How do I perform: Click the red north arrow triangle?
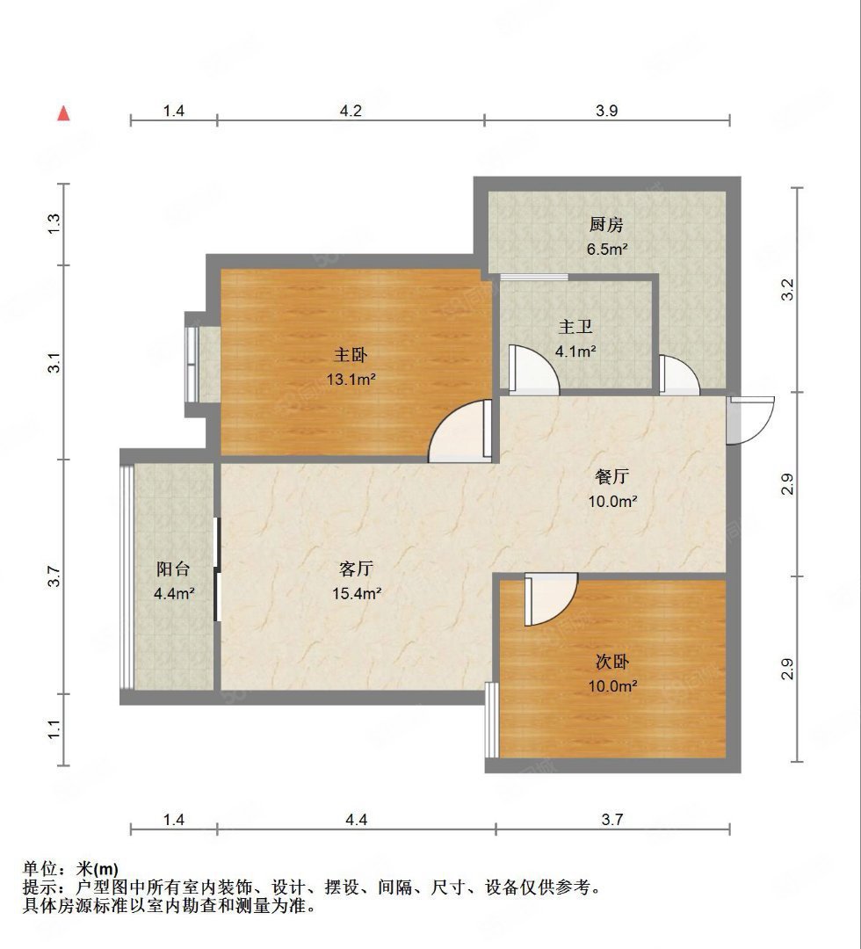click(x=63, y=113)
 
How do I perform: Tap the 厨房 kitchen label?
click(x=607, y=226)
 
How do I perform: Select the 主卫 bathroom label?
click(x=576, y=328)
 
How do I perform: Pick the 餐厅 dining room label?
click(x=611, y=477)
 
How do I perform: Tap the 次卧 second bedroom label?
click(x=611, y=662)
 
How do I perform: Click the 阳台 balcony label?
click(x=173, y=569)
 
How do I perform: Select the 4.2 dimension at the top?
click(x=351, y=111)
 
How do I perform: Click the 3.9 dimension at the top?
click(x=607, y=111)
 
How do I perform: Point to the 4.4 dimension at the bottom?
click(x=356, y=820)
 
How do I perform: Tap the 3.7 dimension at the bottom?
click(x=612, y=820)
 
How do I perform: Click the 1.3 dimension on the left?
click(x=54, y=224)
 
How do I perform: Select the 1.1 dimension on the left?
click(x=54, y=729)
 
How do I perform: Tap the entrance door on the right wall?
click(x=750, y=420)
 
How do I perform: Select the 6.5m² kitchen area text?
click(x=607, y=249)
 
